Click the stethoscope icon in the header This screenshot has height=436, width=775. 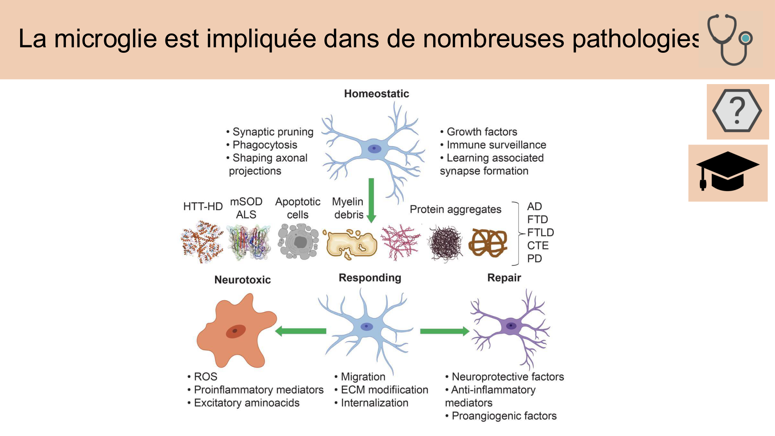pos(730,39)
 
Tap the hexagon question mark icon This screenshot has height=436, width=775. pos(737,111)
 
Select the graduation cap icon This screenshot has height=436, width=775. pos(727,172)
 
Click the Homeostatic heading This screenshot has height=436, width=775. pos(376,94)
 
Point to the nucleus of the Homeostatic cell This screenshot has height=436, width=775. pos(374,148)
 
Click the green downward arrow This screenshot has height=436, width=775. pos(371,200)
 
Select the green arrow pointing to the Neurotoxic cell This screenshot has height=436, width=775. pos(301,331)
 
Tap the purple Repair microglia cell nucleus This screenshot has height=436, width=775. pos(511,326)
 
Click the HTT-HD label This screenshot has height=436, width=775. pos(203,207)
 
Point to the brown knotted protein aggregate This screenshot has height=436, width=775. pos(488,243)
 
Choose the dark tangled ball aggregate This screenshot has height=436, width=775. pos(446,243)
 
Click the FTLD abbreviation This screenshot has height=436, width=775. pos(540,233)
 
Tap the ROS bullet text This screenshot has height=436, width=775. pos(205,377)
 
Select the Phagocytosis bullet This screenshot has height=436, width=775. pos(265,145)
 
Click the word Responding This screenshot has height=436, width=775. pos(370,278)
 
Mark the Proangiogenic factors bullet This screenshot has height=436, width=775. pos(504,416)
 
